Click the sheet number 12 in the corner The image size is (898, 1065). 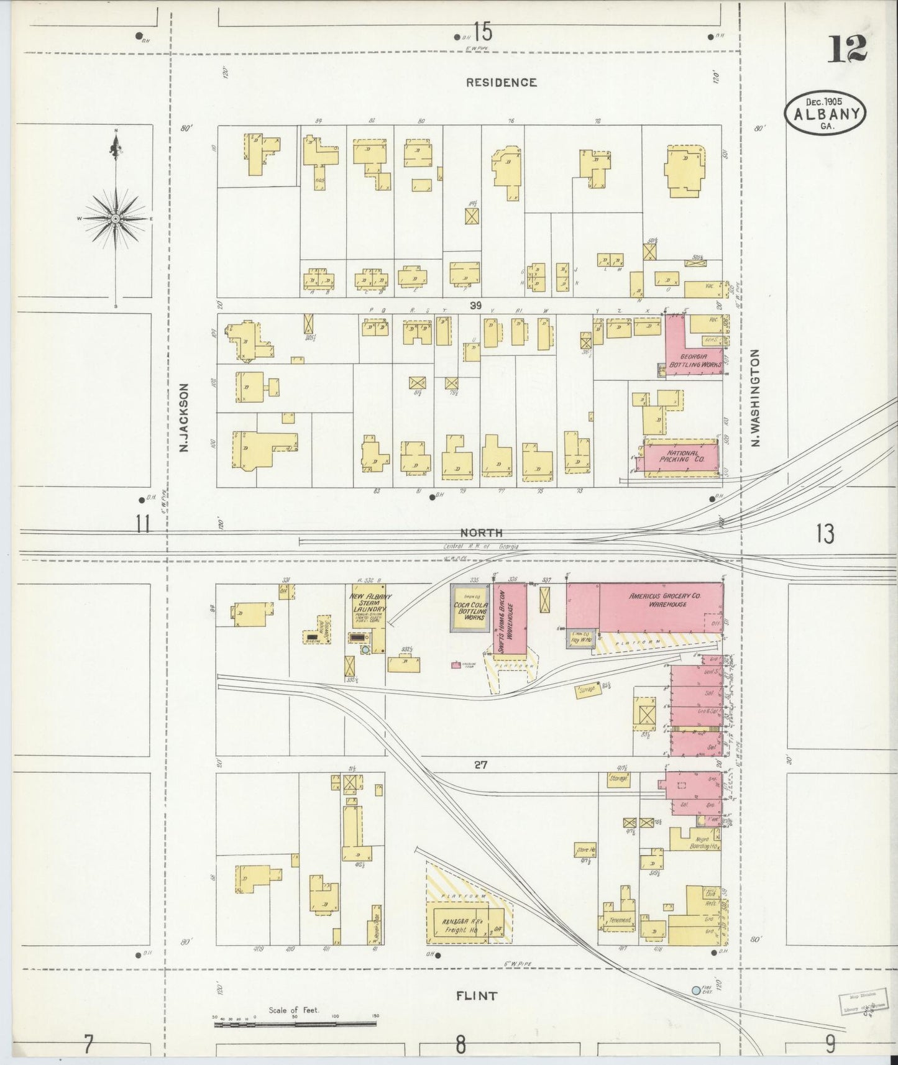click(x=846, y=49)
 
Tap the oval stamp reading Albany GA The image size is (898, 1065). click(x=826, y=114)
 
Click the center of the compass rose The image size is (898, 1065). click(x=116, y=219)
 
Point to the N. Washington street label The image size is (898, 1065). click(x=756, y=398)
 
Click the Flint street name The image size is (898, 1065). click(x=476, y=996)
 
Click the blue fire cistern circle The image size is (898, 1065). click(x=696, y=990)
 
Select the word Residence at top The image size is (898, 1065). click(x=501, y=82)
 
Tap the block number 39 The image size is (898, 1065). click(x=476, y=305)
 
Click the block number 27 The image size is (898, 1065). click(x=480, y=766)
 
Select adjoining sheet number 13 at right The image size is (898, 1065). click(x=825, y=534)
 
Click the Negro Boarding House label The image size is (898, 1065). click(x=704, y=843)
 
